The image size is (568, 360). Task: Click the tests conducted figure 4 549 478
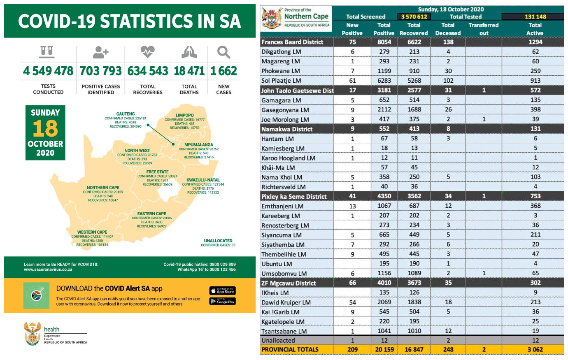pos(48,71)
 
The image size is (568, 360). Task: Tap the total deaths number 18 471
pos(189,71)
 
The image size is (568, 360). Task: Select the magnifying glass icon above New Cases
pos(223,52)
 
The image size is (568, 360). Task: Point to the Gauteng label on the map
pos(126,114)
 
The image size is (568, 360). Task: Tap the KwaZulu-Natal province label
pos(203,180)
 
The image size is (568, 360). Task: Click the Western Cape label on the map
pos(92,232)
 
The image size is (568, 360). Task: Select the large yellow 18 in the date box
pos(45,128)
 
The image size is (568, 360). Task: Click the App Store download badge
pos(223,291)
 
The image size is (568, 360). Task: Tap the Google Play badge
pos(223,301)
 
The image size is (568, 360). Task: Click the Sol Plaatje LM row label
pos(281,81)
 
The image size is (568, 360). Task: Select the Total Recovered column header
pos(414,29)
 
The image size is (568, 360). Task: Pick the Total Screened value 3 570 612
pos(414,17)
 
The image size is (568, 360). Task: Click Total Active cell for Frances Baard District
pos(535,42)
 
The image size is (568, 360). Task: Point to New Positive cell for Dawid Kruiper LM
pos(352,302)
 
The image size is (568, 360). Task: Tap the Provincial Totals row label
pos(290,350)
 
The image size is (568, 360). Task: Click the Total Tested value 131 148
pos(535,17)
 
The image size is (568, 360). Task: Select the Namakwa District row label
pos(287,129)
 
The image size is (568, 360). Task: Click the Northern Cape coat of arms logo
pos(272,18)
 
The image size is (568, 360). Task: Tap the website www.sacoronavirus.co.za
pos(48,270)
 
